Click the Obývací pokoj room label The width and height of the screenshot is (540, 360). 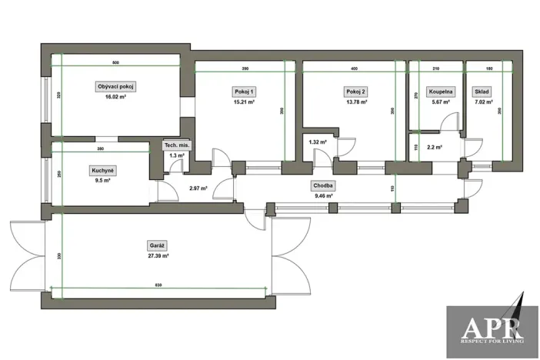click(115, 86)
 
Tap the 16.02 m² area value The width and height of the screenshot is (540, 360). click(115, 98)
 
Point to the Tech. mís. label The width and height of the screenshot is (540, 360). click(176, 145)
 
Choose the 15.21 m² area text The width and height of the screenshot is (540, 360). click(245, 102)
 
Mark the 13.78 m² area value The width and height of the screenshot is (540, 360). click(356, 102)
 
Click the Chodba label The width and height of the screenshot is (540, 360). click(323, 185)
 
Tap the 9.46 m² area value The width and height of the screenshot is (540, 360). click(323, 196)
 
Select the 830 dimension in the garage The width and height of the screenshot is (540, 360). click(158, 285)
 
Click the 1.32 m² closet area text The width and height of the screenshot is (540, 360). click(318, 142)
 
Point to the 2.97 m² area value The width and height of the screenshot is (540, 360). click(199, 187)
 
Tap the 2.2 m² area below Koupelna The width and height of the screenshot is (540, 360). click(433, 147)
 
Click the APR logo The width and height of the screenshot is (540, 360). click(492, 324)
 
